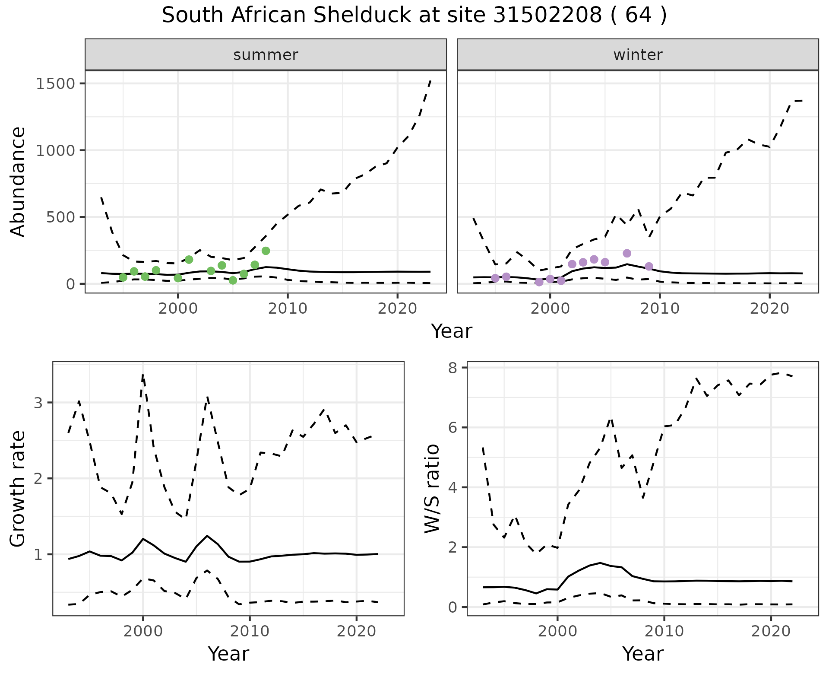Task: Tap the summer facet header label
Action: pyautogui.click(x=266, y=55)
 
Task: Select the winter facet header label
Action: pyautogui.click(x=638, y=55)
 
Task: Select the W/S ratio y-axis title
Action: pyautogui.click(x=432, y=488)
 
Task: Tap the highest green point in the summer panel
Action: pyautogui.click(x=266, y=251)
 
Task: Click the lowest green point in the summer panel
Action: pyautogui.click(x=233, y=280)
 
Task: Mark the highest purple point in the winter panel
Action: pyautogui.click(x=627, y=253)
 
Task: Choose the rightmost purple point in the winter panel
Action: pyautogui.click(x=649, y=267)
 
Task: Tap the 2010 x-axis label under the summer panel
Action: pyautogui.click(x=288, y=308)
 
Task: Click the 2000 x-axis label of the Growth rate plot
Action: pyautogui.click(x=143, y=631)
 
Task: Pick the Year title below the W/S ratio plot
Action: pyautogui.click(x=643, y=654)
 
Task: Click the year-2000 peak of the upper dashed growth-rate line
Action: pyautogui.click(x=143, y=375)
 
